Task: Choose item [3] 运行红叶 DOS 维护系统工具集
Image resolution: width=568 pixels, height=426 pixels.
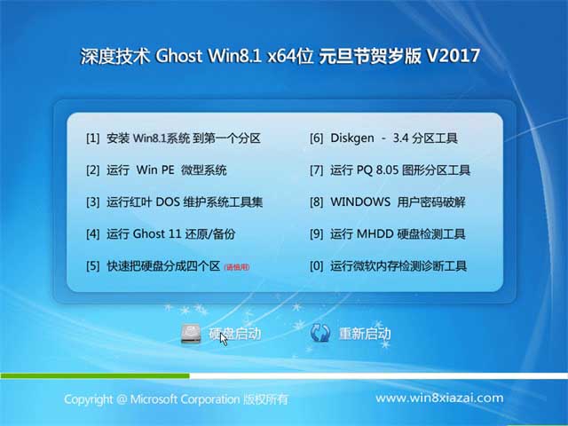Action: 174,201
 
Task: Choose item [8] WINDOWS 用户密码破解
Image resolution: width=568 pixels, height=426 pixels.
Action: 387,201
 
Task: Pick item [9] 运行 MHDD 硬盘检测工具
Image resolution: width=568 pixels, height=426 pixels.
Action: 387,234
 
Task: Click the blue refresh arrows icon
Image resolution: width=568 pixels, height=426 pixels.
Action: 320,334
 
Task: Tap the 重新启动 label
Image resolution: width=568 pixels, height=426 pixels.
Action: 365,334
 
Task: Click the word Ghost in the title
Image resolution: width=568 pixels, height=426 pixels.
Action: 184,56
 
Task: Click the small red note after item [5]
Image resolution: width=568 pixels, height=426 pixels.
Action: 237,266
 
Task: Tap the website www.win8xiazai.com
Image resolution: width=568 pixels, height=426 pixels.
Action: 439,398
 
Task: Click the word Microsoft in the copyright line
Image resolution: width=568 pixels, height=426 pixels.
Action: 161,399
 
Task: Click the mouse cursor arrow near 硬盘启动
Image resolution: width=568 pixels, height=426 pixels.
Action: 224,338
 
